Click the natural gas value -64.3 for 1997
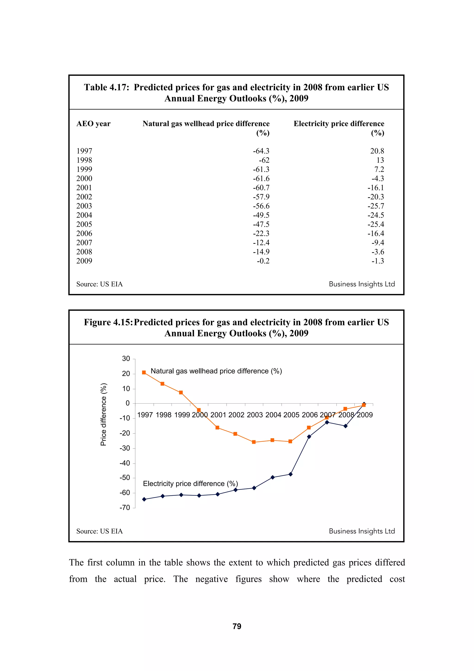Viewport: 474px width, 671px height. click(261, 151)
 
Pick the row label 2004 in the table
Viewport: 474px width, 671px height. click(84, 215)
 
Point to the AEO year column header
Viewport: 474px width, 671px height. click(93, 124)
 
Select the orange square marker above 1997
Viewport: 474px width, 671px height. click(144, 372)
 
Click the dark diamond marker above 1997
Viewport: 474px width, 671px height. click(144, 499)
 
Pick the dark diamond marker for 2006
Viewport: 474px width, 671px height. click(309, 437)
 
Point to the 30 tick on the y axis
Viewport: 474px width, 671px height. click(126, 359)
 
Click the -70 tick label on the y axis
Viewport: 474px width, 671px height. click(125, 508)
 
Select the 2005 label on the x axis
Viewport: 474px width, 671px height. click(291, 415)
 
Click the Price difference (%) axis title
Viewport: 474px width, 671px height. click(103, 414)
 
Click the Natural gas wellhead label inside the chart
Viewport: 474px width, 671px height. click(216, 371)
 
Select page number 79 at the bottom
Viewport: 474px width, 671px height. click(237, 626)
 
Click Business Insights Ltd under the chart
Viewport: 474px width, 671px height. click(362, 531)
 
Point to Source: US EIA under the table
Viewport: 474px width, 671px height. click(99, 284)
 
